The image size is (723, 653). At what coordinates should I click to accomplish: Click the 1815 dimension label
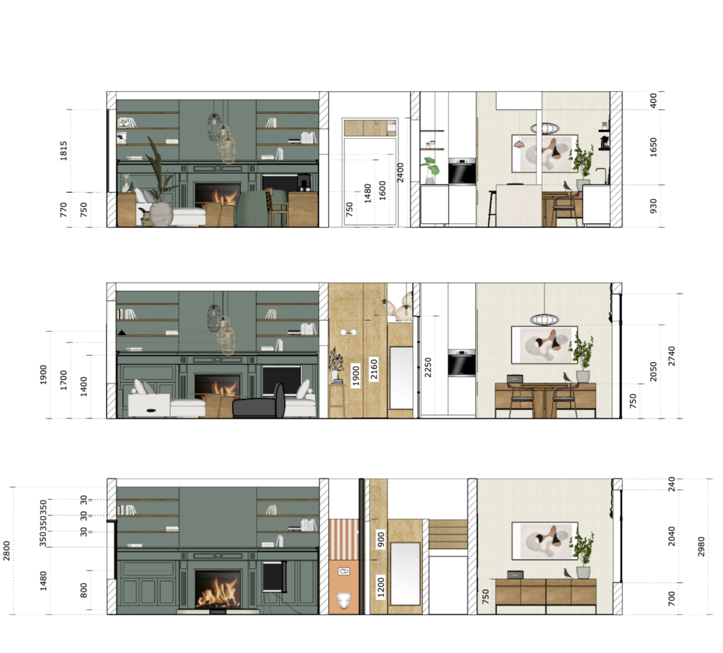click(x=64, y=150)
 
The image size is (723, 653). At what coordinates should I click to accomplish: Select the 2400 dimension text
click(x=401, y=172)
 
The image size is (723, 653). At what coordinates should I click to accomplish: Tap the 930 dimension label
click(x=653, y=206)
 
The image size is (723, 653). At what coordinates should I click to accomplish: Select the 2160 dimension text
click(x=375, y=370)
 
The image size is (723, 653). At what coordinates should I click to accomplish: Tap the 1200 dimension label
click(x=381, y=585)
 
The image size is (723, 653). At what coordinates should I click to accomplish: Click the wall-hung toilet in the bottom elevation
click(x=344, y=601)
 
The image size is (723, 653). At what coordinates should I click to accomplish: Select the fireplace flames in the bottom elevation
click(x=217, y=592)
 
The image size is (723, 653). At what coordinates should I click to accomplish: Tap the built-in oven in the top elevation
click(x=462, y=171)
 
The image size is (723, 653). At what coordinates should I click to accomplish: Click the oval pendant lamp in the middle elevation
click(x=544, y=320)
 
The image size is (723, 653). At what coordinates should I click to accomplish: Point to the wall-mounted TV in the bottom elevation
click(x=273, y=576)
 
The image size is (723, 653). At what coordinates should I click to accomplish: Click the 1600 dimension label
click(x=383, y=191)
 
